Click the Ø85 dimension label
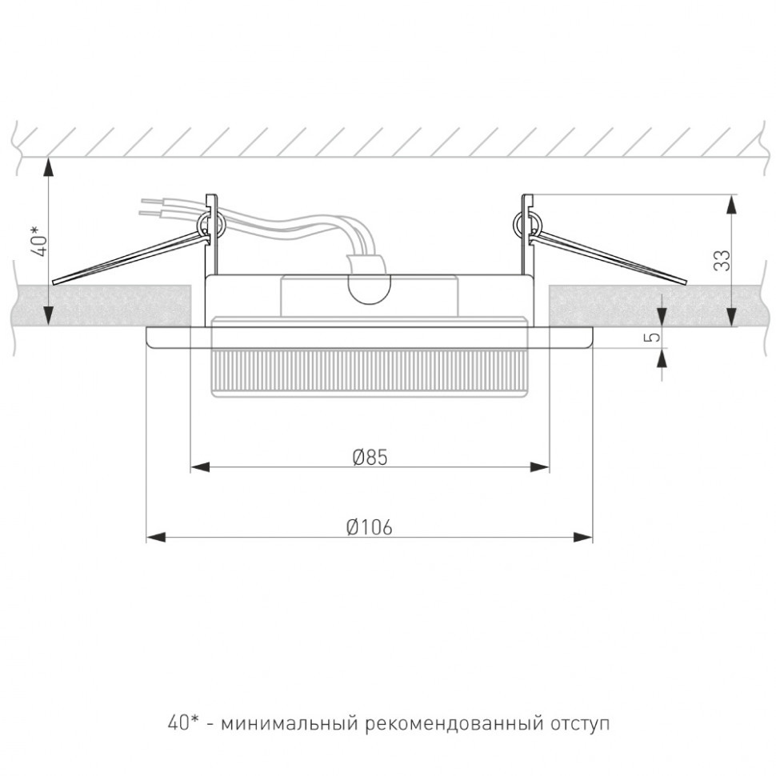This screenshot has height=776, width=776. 370,457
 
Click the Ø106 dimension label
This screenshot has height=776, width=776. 370,527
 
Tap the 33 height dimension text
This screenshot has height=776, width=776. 722,260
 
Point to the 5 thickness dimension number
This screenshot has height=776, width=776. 654,337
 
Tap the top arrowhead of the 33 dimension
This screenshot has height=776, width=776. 731,204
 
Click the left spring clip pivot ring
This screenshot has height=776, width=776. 211,224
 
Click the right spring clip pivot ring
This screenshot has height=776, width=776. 526,224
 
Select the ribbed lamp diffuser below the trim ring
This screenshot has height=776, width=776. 370,373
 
